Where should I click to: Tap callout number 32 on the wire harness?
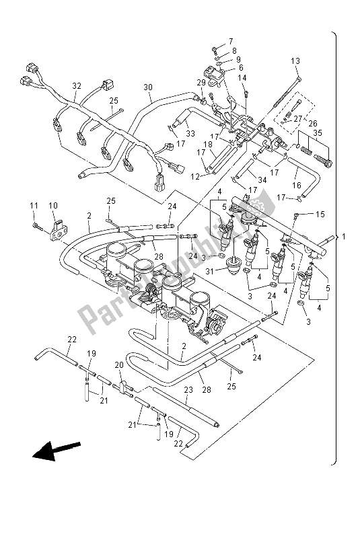[x=76, y=86]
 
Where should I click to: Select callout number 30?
[x=148, y=87]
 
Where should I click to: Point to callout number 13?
[x=295, y=61]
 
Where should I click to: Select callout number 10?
[x=53, y=206]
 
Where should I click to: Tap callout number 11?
[x=34, y=206]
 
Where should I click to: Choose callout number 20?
[x=118, y=364]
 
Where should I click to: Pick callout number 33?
[x=190, y=134]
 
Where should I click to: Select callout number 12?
[x=194, y=176]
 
